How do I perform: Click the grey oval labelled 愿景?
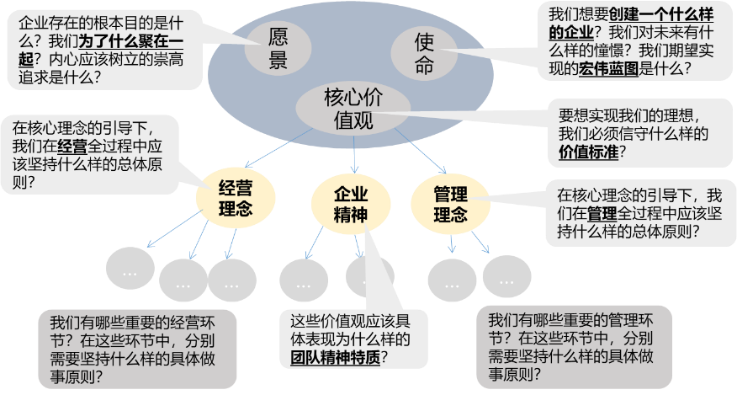278,48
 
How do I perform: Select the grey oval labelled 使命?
425,52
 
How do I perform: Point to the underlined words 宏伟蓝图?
609,70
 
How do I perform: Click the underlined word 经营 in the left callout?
72,146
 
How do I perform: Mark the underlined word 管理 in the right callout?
602,212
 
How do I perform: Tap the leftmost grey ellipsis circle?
130,272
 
